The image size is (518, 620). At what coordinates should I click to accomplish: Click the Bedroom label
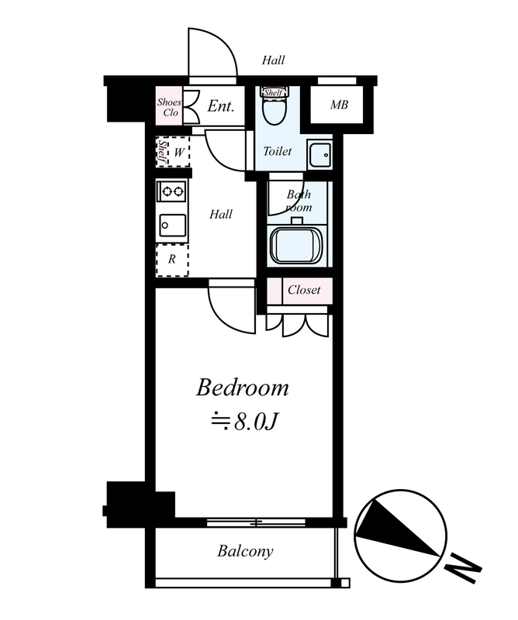click(x=242, y=388)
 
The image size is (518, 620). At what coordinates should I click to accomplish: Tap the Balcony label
click(x=245, y=552)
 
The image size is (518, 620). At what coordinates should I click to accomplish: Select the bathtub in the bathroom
click(x=296, y=243)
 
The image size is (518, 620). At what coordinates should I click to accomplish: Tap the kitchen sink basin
click(x=173, y=226)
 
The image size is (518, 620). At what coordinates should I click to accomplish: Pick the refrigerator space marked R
click(x=172, y=260)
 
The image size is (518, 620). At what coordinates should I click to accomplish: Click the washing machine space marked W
click(x=173, y=152)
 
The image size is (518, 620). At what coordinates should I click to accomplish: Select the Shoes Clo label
click(x=169, y=107)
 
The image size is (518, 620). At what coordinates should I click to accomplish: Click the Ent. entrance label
click(x=221, y=106)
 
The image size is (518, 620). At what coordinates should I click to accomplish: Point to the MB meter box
click(x=339, y=105)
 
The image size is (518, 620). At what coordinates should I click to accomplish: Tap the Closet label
click(x=304, y=290)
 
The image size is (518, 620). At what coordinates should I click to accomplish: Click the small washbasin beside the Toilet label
click(x=319, y=154)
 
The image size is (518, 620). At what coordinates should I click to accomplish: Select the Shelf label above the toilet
click(x=274, y=93)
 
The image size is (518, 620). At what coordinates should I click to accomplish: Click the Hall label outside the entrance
click(x=273, y=60)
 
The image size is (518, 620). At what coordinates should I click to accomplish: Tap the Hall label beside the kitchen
click(x=221, y=215)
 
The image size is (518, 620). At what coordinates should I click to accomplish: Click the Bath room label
click(x=299, y=201)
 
